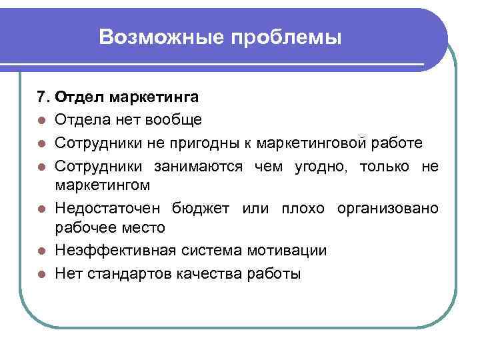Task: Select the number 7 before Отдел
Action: [42, 98]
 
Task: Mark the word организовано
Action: [388, 208]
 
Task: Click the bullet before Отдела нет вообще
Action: [41, 121]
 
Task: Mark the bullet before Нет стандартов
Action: [41, 274]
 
